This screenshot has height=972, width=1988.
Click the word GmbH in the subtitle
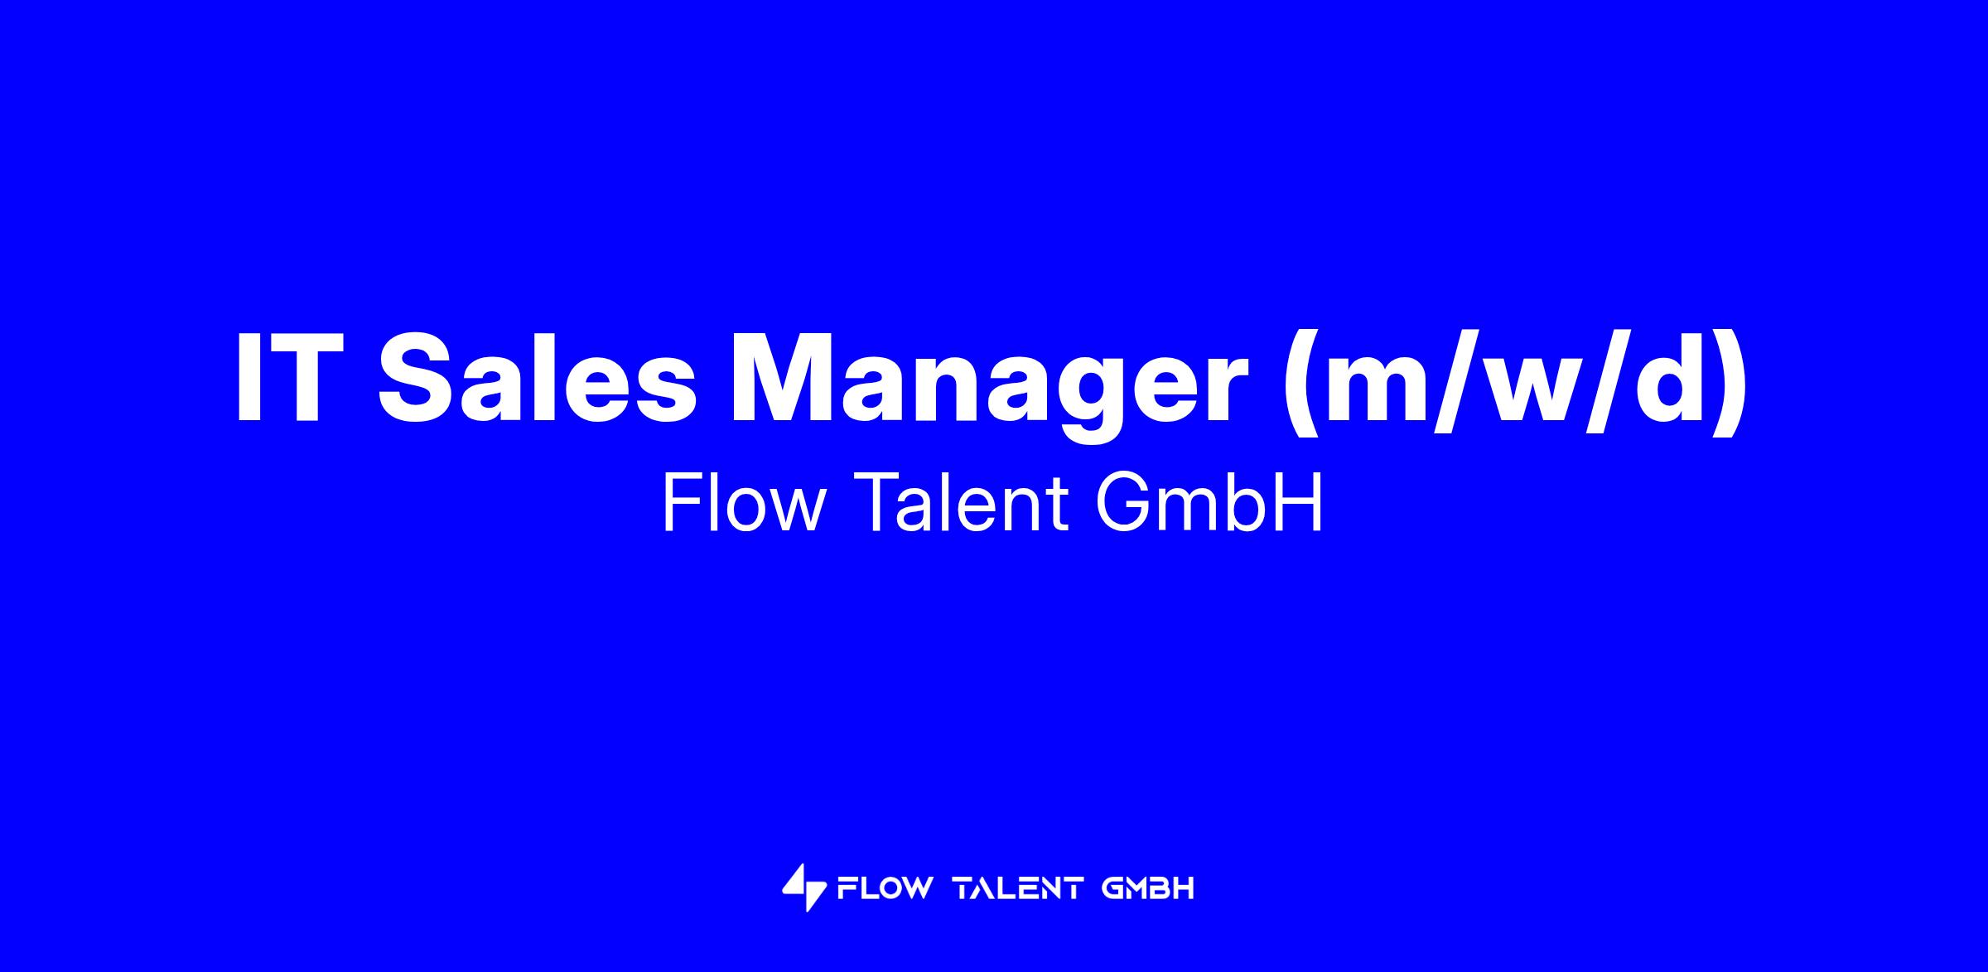pos(1209,504)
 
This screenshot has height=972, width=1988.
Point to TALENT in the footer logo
pos(1018,888)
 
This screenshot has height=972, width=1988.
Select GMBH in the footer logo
pos(1148,888)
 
